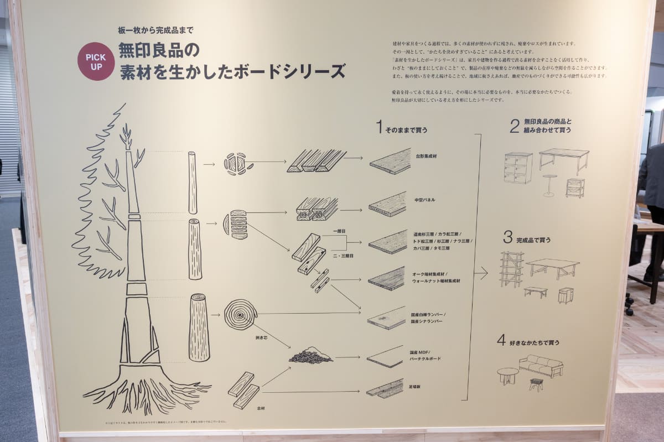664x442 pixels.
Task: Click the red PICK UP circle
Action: point(96,61)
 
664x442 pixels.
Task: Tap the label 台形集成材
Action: point(428,157)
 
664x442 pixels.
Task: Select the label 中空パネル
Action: point(424,199)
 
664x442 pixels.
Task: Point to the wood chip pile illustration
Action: point(310,356)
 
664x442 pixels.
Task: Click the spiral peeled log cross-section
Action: point(241,314)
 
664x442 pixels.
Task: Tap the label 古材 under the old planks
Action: point(261,408)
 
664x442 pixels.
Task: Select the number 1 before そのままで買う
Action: point(379,128)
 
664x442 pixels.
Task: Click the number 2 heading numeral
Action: point(514,126)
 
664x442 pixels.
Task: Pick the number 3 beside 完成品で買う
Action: point(507,238)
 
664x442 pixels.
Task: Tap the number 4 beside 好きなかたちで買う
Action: point(501,341)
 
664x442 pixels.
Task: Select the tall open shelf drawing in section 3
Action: point(511,269)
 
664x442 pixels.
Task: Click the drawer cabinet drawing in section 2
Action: point(518,168)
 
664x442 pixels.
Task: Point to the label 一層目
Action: point(339,230)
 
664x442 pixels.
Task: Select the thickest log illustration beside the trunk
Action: point(199,327)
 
